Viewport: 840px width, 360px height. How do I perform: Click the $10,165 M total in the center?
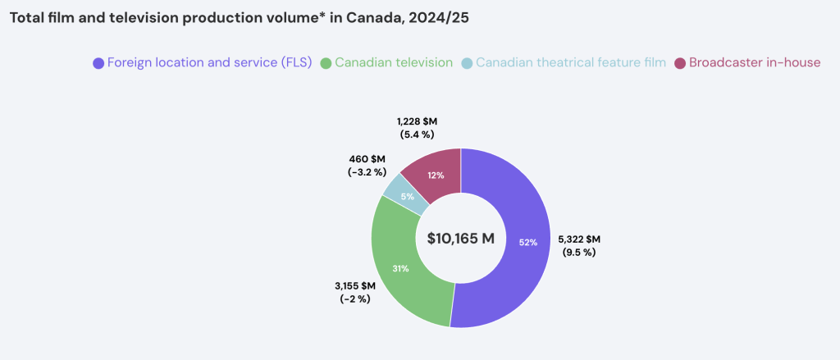461,239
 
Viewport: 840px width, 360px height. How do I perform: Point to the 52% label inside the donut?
527,242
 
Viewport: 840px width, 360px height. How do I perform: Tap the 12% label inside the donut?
436,175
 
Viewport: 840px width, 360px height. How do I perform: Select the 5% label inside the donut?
407,196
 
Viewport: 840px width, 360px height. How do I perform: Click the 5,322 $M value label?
578,239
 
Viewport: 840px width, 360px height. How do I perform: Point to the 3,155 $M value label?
355,285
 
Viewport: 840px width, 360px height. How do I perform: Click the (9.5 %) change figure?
578,252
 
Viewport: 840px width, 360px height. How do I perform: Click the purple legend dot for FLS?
98,62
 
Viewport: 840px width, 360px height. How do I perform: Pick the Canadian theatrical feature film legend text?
570,62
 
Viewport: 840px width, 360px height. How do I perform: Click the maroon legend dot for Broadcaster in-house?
679,62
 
